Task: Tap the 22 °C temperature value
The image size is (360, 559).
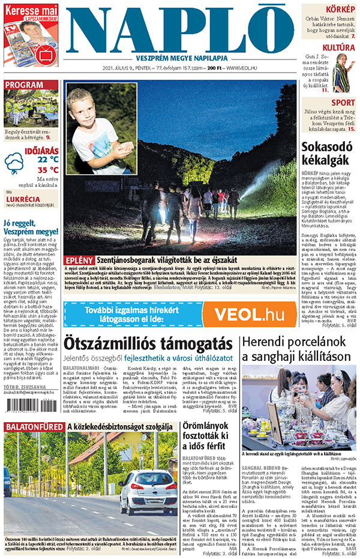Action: click(48, 159)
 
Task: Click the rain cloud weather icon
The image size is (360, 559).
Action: click(14, 163)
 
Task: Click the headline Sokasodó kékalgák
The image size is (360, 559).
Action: click(329, 153)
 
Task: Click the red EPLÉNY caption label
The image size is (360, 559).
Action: click(78, 260)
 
